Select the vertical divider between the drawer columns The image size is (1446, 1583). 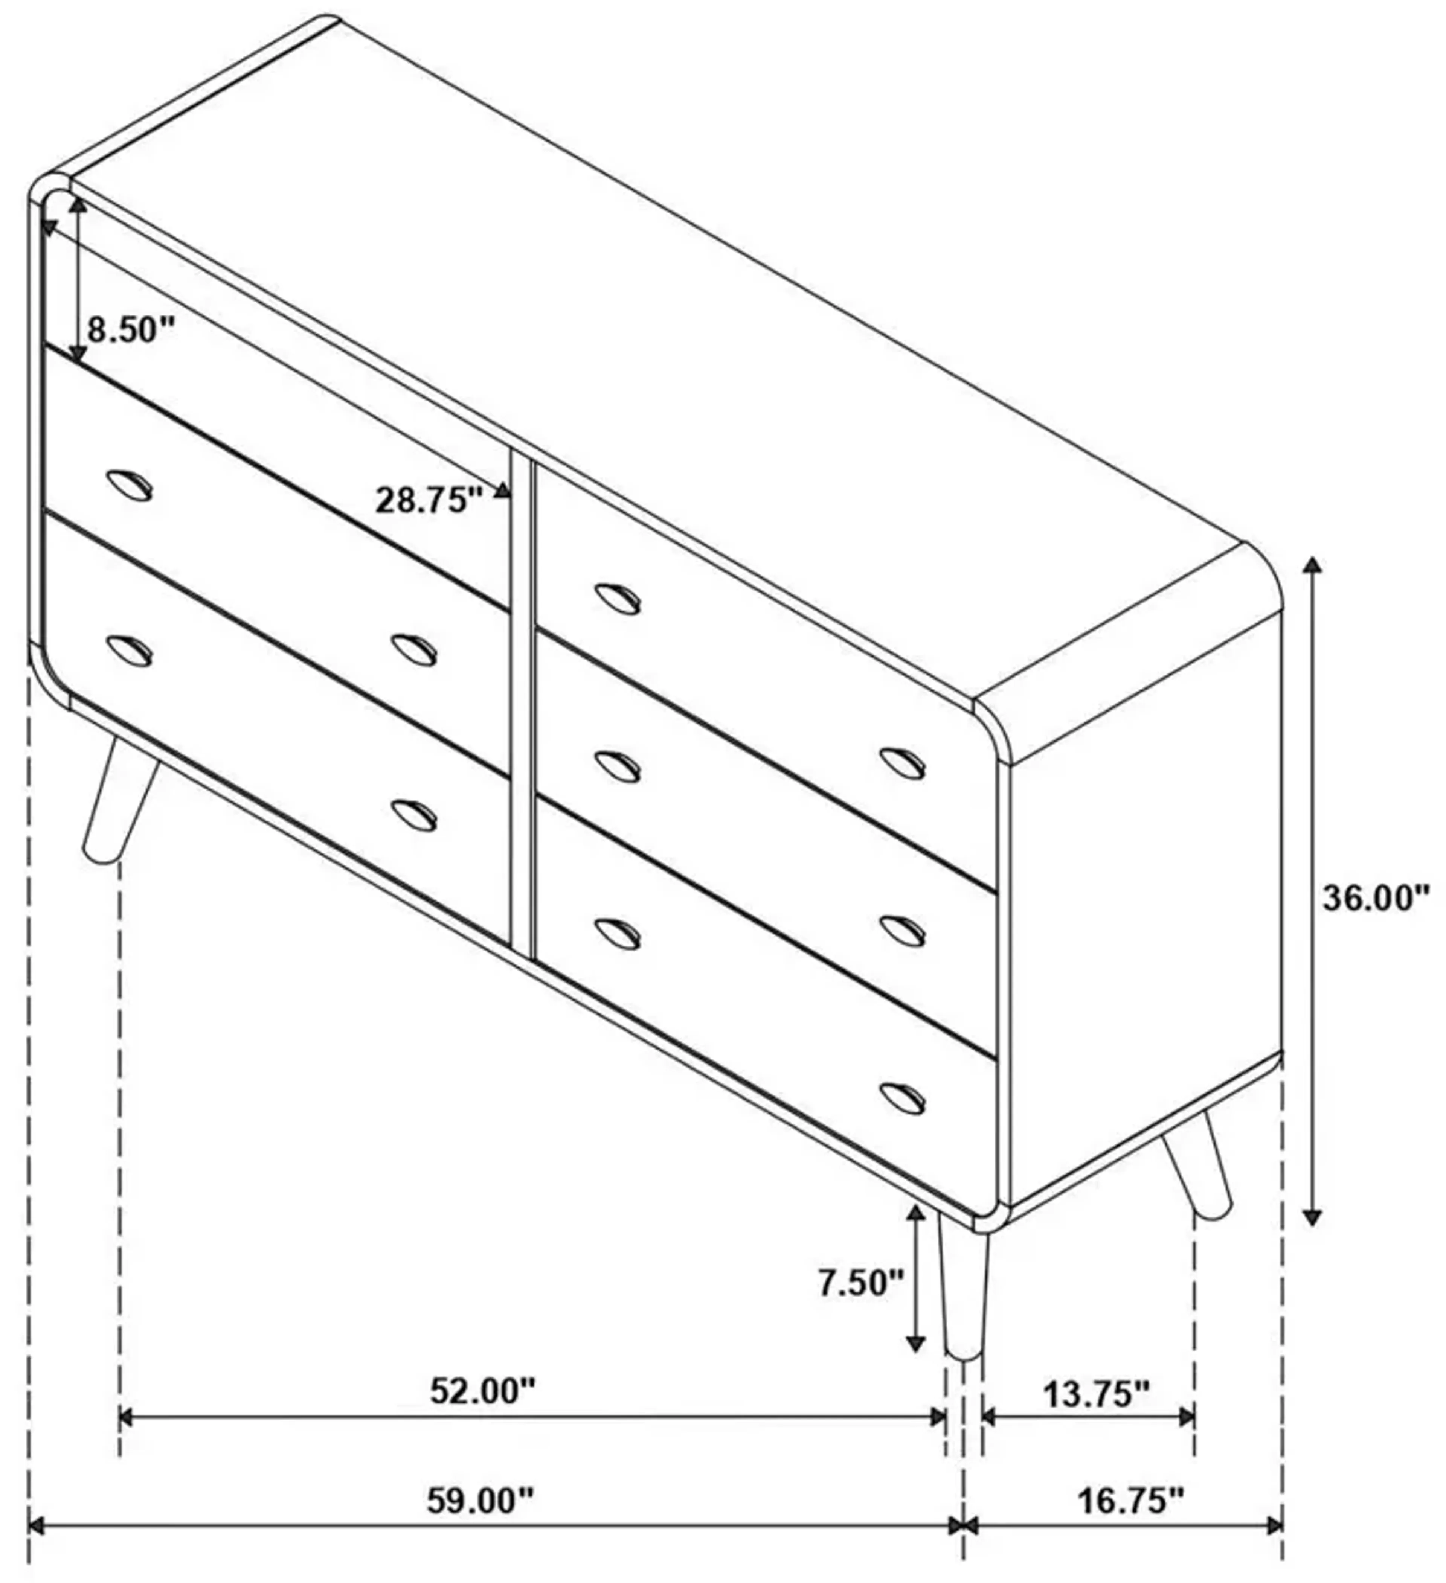tap(522, 707)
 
